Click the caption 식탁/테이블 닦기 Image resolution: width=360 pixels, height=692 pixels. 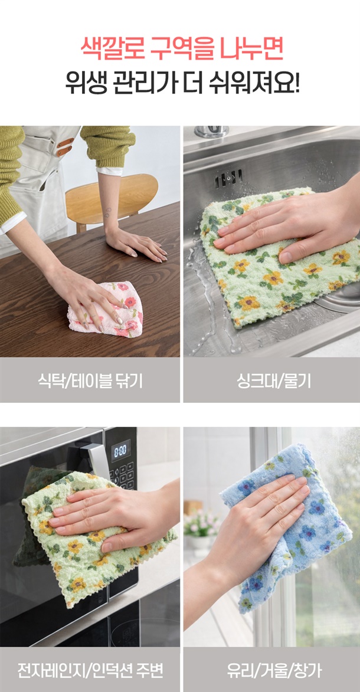[x=90, y=381]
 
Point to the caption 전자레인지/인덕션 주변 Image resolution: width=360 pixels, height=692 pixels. [x=90, y=670]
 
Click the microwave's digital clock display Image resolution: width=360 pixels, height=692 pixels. [x=120, y=451]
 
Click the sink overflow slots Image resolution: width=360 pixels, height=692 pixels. [x=228, y=178]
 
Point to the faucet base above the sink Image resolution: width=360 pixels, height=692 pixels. [x=212, y=131]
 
